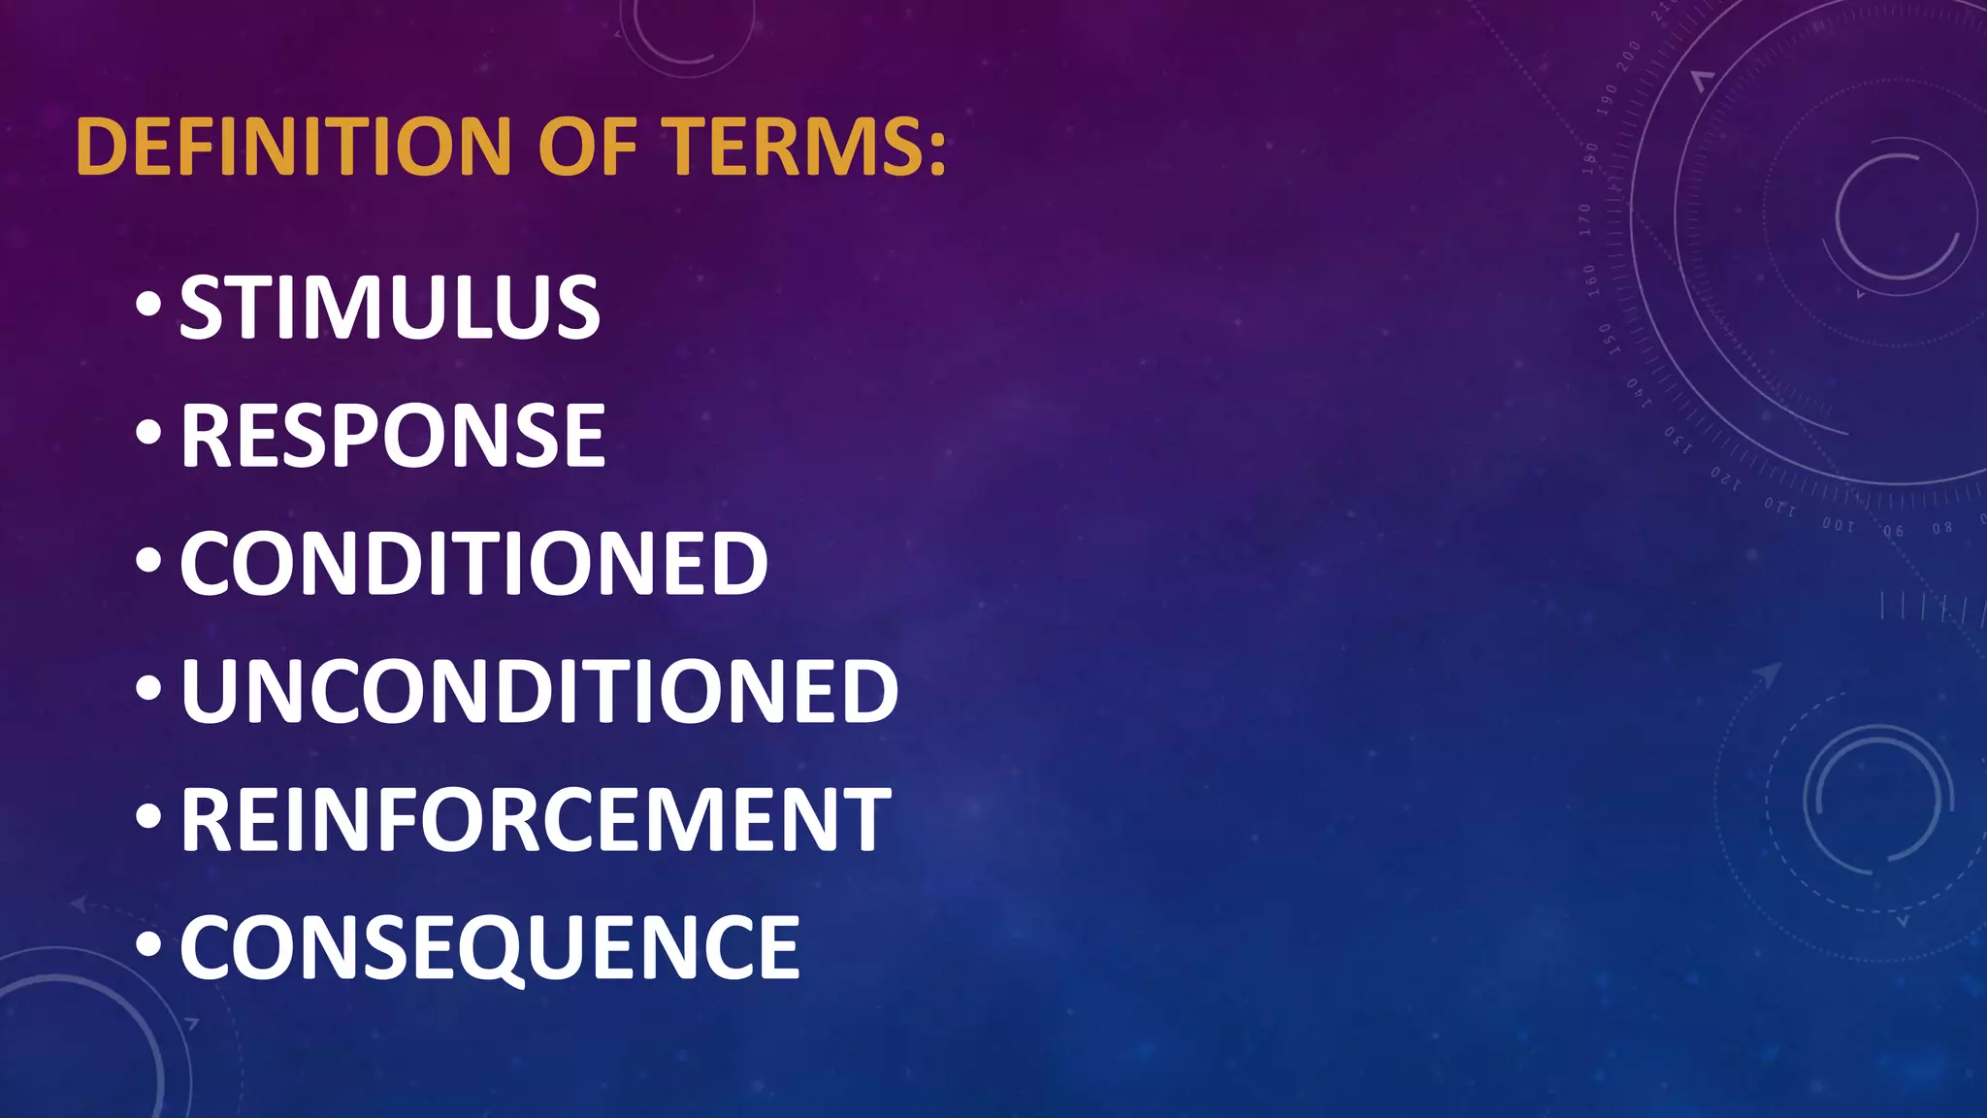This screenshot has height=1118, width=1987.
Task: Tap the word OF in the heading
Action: tap(588, 147)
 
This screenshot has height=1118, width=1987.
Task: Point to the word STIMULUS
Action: tap(390, 308)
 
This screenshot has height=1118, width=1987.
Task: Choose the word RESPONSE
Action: tap(393, 436)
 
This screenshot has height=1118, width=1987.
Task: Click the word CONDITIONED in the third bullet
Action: tap(473, 564)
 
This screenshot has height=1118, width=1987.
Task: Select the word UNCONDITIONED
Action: tap(539, 691)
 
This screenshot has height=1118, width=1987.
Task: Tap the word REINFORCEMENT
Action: tap(536, 820)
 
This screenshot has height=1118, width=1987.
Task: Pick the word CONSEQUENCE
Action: tap(490, 948)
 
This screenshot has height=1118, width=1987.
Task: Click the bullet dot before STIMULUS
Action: tap(148, 306)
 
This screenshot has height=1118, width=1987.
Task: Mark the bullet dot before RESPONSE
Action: tap(148, 434)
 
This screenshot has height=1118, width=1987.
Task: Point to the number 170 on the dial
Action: tap(1585, 220)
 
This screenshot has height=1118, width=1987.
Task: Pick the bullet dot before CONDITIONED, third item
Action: tap(148, 561)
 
